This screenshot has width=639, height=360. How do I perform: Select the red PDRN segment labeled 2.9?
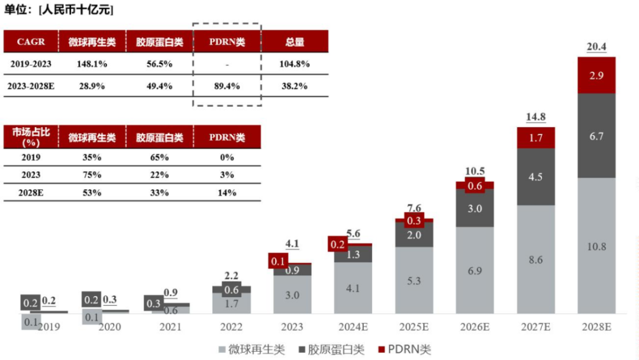[x=596, y=75]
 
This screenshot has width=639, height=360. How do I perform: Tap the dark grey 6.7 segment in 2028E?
[x=596, y=136]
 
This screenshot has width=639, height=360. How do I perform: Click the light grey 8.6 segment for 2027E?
[x=535, y=259]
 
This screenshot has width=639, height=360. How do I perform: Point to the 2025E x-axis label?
[x=414, y=327]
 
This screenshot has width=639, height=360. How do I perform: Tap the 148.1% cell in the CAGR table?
[x=92, y=63]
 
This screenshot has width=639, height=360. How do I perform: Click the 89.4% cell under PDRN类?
[x=227, y=86]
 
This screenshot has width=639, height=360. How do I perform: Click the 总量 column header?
[x=294, y=41]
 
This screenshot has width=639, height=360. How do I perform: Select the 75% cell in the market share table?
[x=92, y=175]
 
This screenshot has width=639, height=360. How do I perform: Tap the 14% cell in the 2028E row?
[x=227, y=192]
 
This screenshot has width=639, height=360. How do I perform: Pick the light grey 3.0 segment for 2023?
[x=292, y=295]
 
